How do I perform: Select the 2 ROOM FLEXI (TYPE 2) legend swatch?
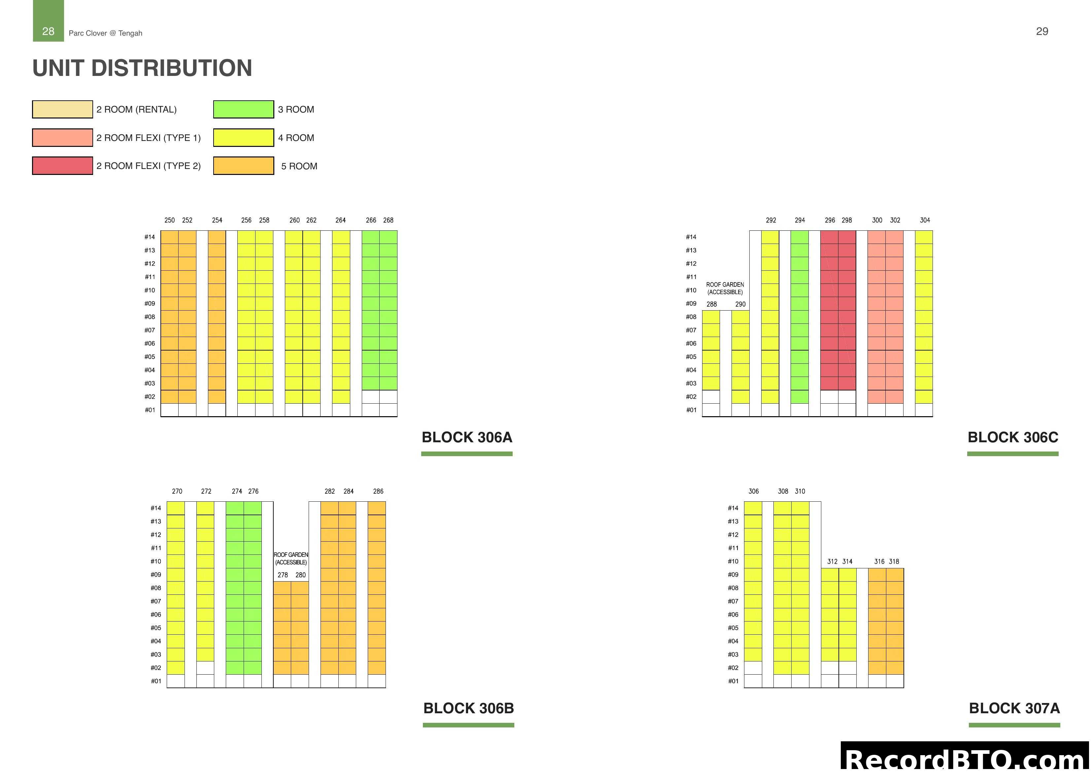pyautogui.click(x=62, y=166)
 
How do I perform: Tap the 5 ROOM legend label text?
pyautogui.click(x=299, y=166)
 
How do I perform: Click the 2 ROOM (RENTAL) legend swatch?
pyautogui.click(x=62, y=109)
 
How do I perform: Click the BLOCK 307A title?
pyautogui.click(x=1014, y=708)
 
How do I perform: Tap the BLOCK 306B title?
pyautogui.click(x=468, y=708)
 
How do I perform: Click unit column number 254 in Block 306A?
pyautogui.click(x=217, y=220)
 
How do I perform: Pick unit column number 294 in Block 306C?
pyautogui.click(x=800, y=220)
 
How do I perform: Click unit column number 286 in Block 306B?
pyautogui.click(x=378, y=491)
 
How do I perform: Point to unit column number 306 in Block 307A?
pyautogui.click(x=753, y=491)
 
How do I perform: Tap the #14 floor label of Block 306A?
pyautogui.click(x=150, y=237)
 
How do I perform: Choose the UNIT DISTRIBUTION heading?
pyautogui.click(x=142, y=68)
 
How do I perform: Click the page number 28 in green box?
pyautogui.click(x=48, y=31)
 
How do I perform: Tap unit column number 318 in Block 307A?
pyautogui.click(x=894, y=562)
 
